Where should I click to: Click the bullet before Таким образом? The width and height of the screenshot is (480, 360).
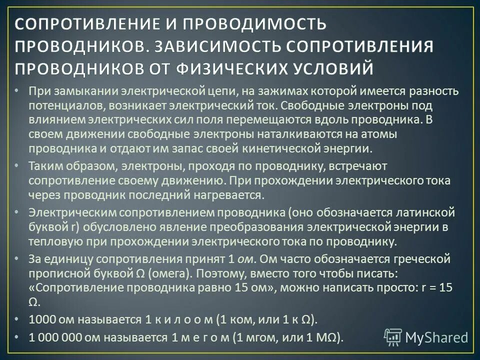pyautogui.click(x=17, y=164)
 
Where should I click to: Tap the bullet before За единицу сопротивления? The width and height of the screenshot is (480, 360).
pyautogui.click(x=17, y=259)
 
